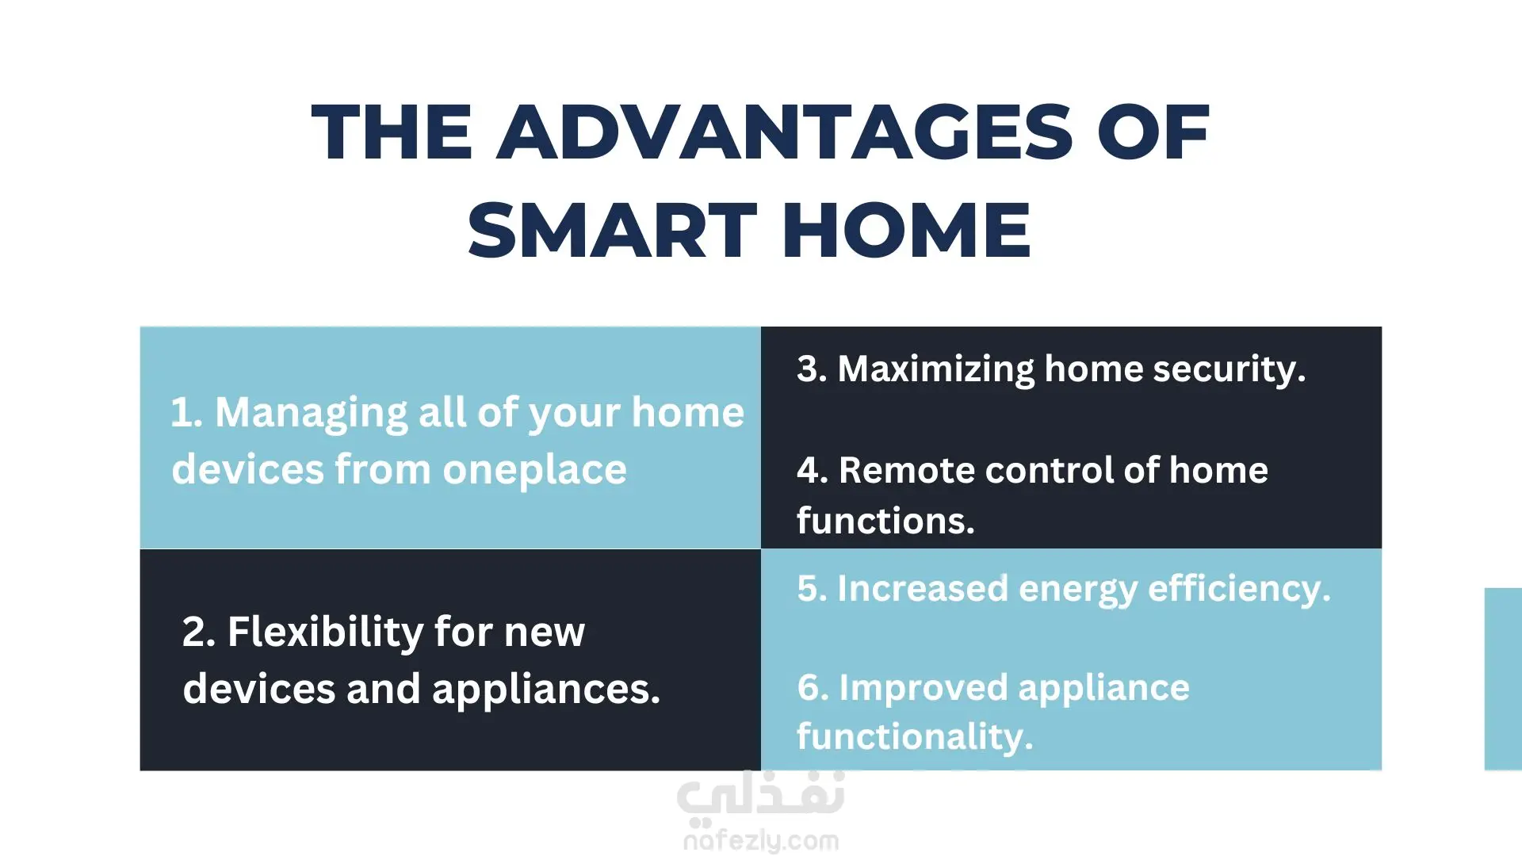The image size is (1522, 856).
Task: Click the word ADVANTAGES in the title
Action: (x=785, y=132)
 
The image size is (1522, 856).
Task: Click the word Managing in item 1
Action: (x=311, y=414)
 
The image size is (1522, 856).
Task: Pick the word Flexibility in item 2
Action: (x=326, y=632)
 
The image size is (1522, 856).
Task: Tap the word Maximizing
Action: (x=936, y=369)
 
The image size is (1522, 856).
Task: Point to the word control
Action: (x=1050, y=471)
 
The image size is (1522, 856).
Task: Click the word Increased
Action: (x=923, y=589)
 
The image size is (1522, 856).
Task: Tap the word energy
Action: (x=1077, y=590)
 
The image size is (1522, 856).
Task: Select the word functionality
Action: (x=915, y=737)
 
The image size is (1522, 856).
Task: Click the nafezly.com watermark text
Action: (x=761, y=840)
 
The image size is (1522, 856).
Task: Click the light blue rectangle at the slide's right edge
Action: (x=1504, y=679)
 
